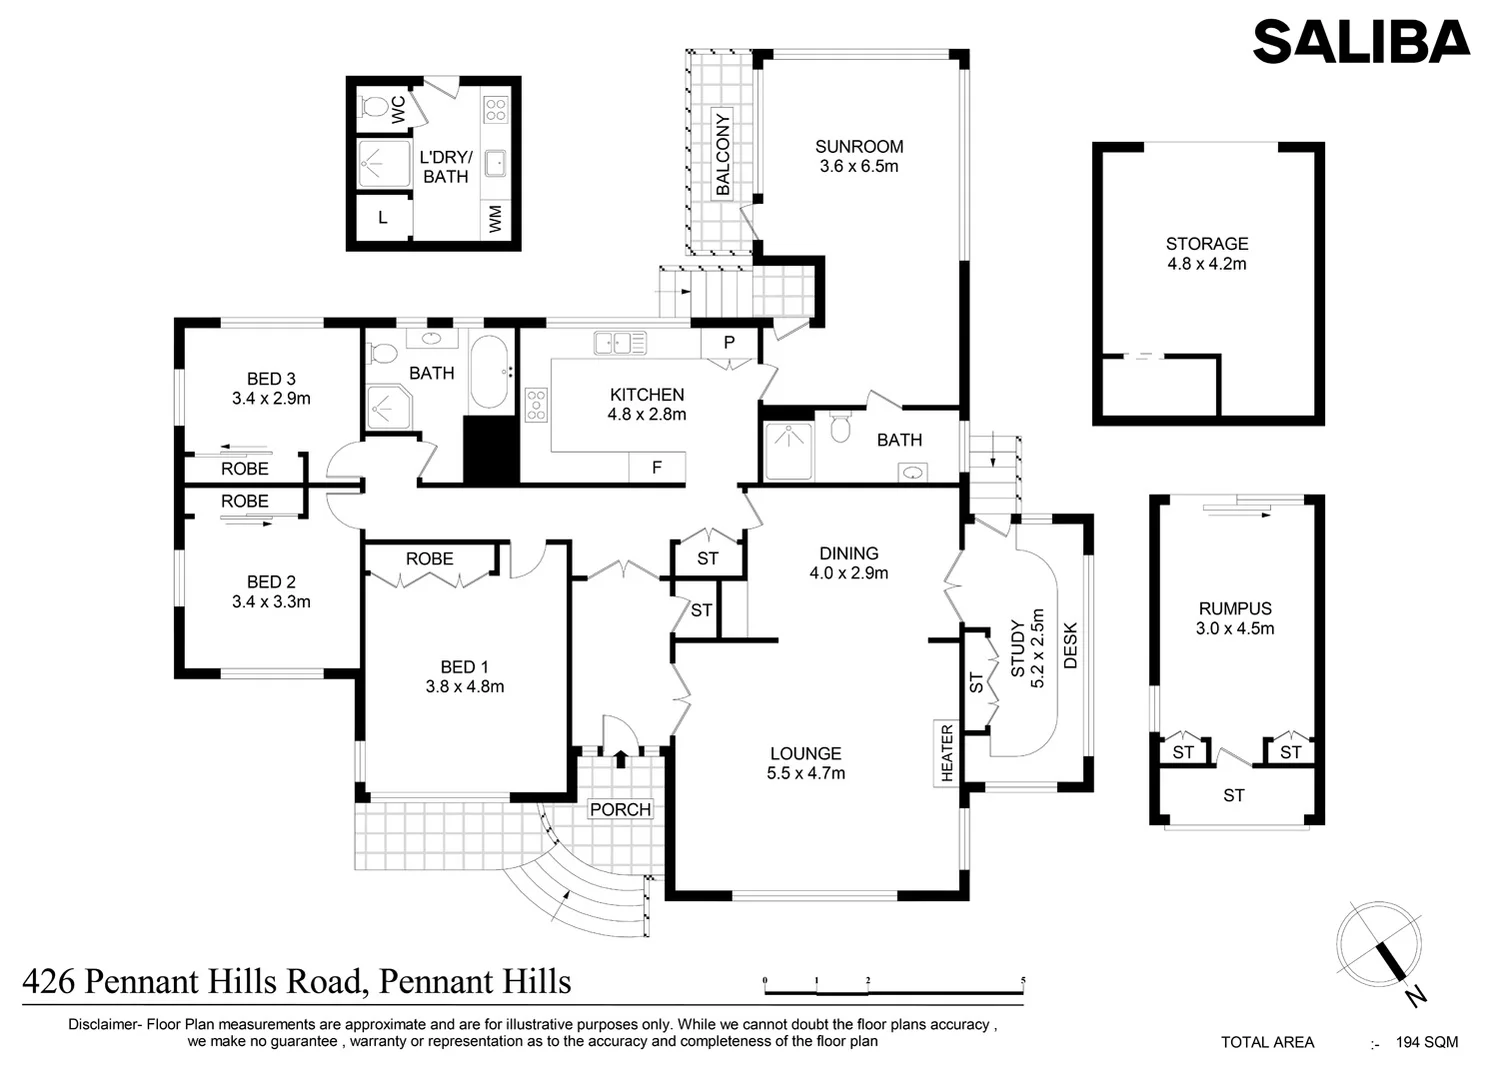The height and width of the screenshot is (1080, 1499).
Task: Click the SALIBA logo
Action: (x=1360, y=42)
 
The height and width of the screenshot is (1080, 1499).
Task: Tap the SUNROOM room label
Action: (x=858, y=147)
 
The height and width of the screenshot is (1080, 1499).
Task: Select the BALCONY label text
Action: (x=723, y=154)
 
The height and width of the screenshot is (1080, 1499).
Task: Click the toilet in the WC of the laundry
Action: (x=374, y=106)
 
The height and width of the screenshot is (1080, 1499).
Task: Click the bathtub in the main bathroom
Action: (x=489, y=372)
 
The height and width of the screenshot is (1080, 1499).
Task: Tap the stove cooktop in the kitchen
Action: (x=536, y=404)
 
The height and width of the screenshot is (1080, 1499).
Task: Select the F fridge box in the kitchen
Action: (x=657, y=468)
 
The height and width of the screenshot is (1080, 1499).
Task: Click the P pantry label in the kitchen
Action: (x=729, y=343)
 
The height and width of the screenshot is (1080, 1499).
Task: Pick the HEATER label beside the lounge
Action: (x=947, y=753)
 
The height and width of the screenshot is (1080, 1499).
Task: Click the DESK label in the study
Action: (x=1070, y=646)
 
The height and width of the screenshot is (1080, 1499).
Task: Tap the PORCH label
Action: (x=620, y=809)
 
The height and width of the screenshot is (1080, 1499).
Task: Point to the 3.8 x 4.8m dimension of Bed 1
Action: (x=465, y=687)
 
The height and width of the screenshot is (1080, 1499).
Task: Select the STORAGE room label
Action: (x=1207, y=244)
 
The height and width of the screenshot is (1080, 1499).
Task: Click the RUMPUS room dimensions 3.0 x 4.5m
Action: (x=1235, y=629)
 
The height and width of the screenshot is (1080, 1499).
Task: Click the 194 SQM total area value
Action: (x=1427, y=1042)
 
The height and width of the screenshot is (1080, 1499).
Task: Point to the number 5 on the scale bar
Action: (x=1023, y=981)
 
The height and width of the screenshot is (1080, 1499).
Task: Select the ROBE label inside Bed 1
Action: (x=429, y=559)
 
